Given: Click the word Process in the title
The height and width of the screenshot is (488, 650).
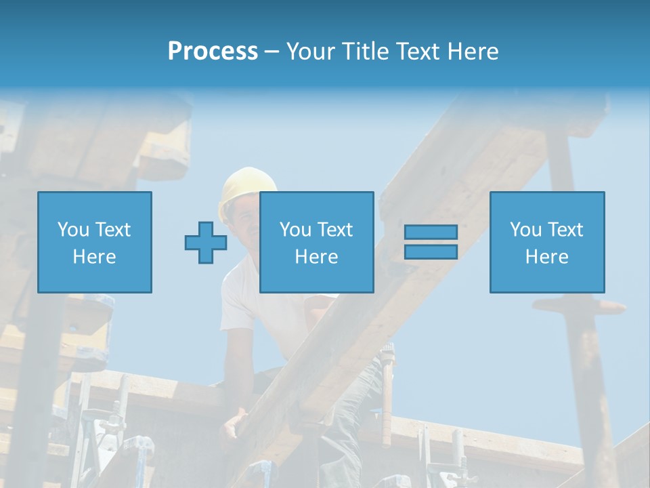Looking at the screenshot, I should pos(213,52).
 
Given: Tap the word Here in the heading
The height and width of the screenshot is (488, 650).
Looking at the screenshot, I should pos(473,52).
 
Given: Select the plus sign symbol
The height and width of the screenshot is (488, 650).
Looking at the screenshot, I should pos(206,243).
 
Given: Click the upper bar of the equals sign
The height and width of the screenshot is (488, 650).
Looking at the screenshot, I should pos(431,232).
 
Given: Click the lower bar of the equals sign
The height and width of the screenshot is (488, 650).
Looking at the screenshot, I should pos(431,251).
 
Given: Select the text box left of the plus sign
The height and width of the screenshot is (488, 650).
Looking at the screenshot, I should pos(95,242).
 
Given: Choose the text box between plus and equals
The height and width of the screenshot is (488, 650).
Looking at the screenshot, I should pos(316,242).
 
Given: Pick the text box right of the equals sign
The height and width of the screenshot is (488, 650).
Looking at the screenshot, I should pos(547,242).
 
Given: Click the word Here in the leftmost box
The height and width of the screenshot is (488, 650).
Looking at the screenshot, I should pos(95,257).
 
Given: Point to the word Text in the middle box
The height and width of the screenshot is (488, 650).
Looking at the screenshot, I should pos(334,230).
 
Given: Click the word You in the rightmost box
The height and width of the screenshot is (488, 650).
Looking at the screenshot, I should pos(525,230).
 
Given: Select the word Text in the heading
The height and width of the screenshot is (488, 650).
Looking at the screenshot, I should pos(416,52).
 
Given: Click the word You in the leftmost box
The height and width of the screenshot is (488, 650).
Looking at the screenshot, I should pos(73,230).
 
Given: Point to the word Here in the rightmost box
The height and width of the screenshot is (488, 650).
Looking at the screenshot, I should pos(547,257).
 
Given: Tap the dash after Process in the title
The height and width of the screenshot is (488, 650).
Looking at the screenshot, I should pos(272,52).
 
